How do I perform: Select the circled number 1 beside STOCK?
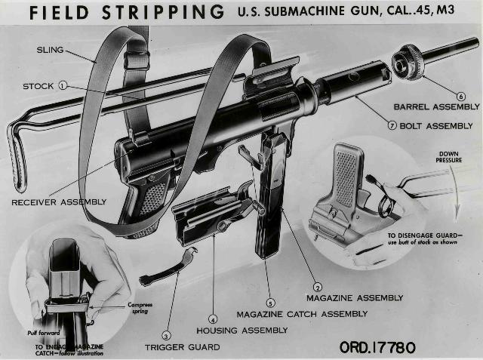(63, 86)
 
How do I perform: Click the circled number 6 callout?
(460, 96)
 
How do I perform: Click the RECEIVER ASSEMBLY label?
(59, 202)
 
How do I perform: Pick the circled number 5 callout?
(270, 303)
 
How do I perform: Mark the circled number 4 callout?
(213, 319)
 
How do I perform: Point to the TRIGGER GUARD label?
(183, 347)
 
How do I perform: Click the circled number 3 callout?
(166, 336)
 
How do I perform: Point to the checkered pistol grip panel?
(153, 198)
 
